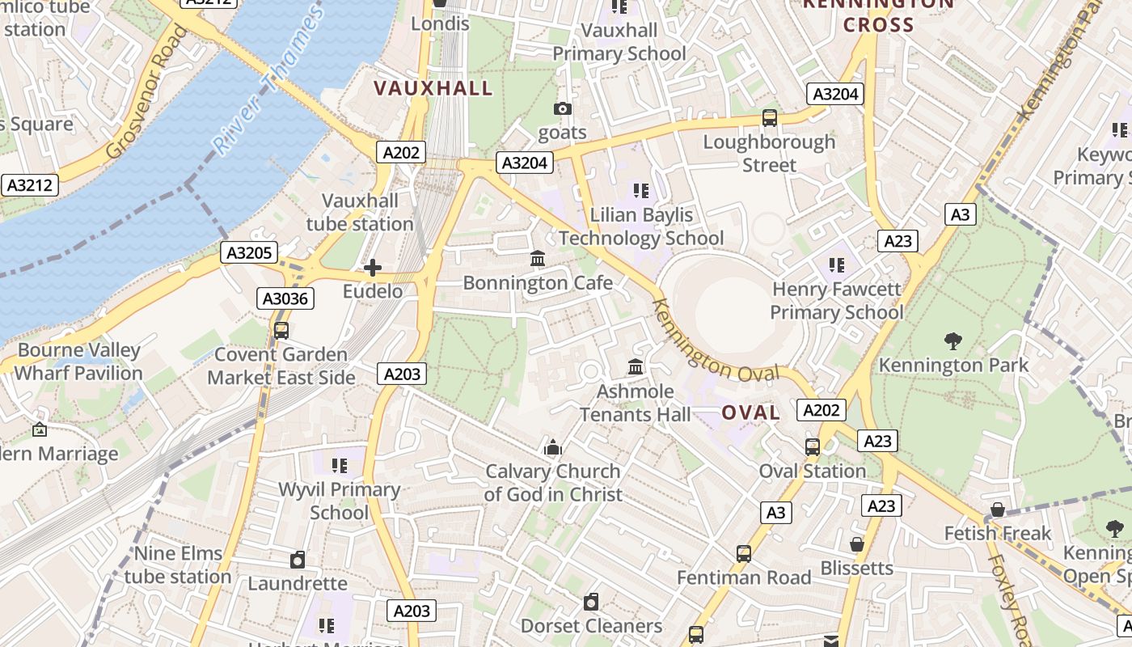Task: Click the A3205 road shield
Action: (x=249, y=252)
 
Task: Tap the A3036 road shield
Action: (x=286, y=298)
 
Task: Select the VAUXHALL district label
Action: (x=433, y=88)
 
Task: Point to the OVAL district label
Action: (x=750, y=412)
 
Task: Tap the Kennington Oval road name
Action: (x=716, y=344)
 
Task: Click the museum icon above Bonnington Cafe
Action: (x=538, y=259)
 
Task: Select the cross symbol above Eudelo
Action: (x=373, y=267)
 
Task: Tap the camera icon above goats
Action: (x=563, y=108)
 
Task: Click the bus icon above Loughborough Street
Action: (x=770, y=118)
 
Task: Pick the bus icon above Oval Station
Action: (x=812, y=446)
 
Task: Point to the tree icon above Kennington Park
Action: (x=953, y=341)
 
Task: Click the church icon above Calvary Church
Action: (x=553, y=446)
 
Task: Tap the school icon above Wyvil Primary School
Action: (x=339, y=465)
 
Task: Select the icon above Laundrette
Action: (x=298, y=559)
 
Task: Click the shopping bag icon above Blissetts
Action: (x=857, y=544)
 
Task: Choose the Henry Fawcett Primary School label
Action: (x=836, y=300)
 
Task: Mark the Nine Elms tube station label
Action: (x=178, y=565)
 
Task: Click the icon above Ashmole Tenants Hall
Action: (x=636, y=367)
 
